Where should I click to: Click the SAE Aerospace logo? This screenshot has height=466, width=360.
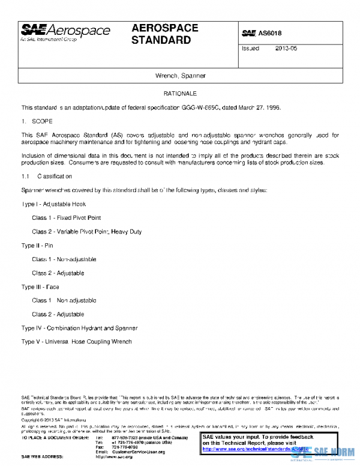coord(65,32)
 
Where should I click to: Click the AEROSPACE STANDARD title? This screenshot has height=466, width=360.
coord(164,35)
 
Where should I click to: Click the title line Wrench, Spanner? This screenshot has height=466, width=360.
coord(180,76)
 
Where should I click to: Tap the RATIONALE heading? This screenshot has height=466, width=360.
coord(180,94)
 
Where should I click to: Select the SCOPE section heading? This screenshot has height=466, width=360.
coord(43,121)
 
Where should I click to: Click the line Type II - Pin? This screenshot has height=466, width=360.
coord(37,246)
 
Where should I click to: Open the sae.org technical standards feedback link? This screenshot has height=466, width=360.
coord(255,449)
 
